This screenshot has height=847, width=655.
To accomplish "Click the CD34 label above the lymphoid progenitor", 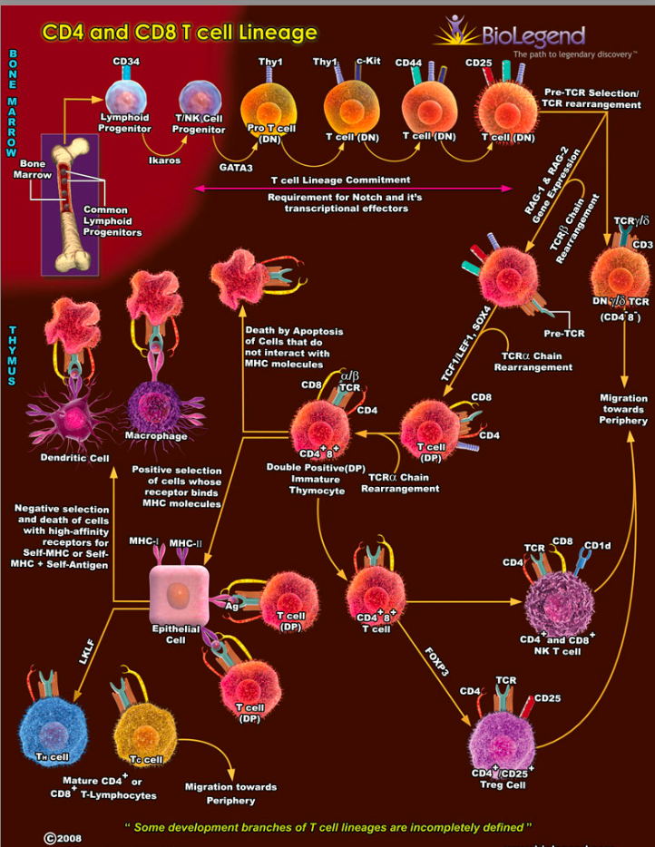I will pyautogui.click(x=125, y=62).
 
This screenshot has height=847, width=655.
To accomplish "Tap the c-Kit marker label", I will pyautogui.click(x=367, y=61).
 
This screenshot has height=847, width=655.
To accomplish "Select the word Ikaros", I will pyautogui.click(x=164, y=160).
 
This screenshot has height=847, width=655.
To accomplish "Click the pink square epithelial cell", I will pyautogui.click(x=180, y=597).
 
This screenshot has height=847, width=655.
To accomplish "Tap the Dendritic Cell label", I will pyautogui.click(x=74, y=458).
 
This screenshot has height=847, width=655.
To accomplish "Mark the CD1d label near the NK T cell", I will pyautogui.click(x=597, y=545).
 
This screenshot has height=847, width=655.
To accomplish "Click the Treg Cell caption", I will pyautogui.click(x=499, y=784).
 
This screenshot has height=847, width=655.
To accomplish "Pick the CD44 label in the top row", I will pyautogui.click(x=409, y=62).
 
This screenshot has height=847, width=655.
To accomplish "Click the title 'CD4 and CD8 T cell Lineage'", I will pyautogui.click(x=180, y=34).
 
